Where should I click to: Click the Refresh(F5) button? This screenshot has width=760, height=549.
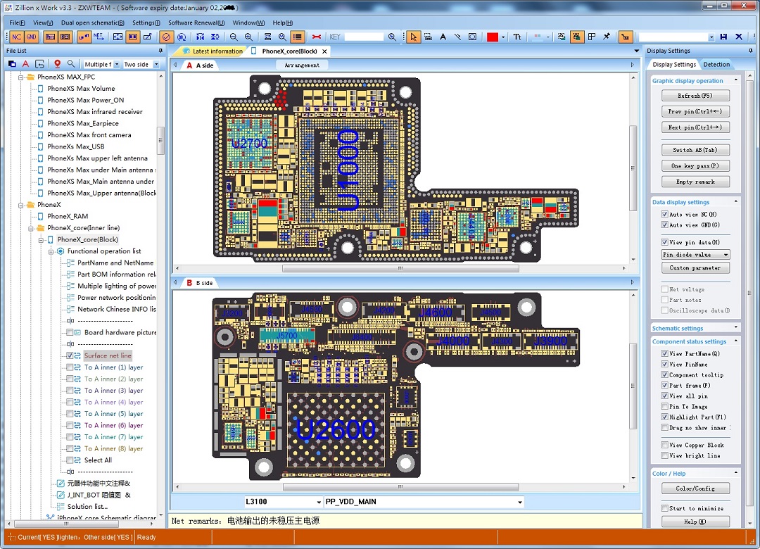(695, 96)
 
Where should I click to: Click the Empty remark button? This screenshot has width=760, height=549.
(695, 182)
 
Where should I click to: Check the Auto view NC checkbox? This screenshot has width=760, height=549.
(665, 214)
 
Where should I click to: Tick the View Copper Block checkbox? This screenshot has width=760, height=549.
(665, 445)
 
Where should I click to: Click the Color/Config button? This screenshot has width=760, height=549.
(695, 488)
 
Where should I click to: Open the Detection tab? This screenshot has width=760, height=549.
(716, 64)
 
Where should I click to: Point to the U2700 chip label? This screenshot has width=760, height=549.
(250, 144)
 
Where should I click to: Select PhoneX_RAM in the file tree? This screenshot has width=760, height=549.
(68, 216)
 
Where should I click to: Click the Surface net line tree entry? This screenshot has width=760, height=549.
(108, 355)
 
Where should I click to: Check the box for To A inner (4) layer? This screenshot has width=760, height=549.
(70, 402)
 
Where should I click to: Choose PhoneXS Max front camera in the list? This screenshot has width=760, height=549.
(89, 135)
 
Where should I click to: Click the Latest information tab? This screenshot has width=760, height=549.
(217, 51)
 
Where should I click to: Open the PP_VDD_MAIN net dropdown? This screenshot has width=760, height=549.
(520, 502)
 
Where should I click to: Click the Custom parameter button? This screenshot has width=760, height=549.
(695, 268)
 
